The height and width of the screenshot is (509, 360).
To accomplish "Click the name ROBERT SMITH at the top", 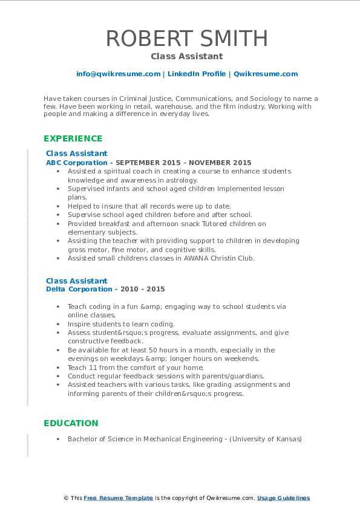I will pyautogui.click(x=186, y=38).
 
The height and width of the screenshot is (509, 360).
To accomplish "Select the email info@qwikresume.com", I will pyautogui.click(x=118, y=74).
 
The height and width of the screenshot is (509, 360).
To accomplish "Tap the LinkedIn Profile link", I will pyautogui.click(x=196, y=74).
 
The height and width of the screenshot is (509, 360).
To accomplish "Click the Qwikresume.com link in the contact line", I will pyautogui.click(x=266, y=74).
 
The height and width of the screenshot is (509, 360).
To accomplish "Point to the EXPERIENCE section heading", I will pyautogui.click(x=73, y=138).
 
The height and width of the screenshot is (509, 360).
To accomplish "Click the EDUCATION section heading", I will pyautogui.click(x=71, y=423).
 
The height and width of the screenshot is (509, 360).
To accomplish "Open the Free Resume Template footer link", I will pyautogui.click(x=119, y=498).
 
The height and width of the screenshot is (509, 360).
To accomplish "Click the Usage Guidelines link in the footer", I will pyautogui.click(x=283, y=498).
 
